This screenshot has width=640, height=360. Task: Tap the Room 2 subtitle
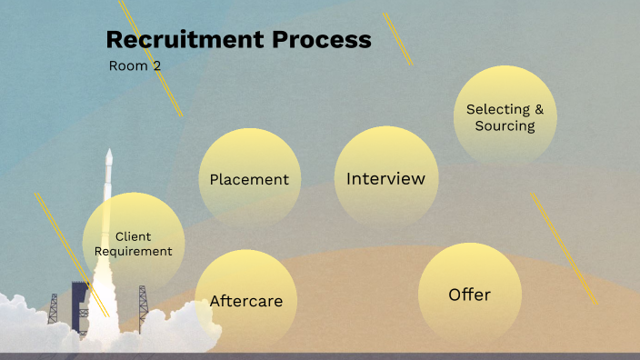click(135, 65)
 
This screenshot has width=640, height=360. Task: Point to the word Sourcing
click(505, 125)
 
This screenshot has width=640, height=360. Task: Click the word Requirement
click(134, 251)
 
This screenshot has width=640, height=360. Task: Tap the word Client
click(134, 236)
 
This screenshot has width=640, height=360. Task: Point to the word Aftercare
click(246, 301)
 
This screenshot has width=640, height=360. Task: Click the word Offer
click(469, 295)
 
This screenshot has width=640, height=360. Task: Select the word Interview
click(385, 178)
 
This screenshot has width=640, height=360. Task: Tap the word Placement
click(249, 179)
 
